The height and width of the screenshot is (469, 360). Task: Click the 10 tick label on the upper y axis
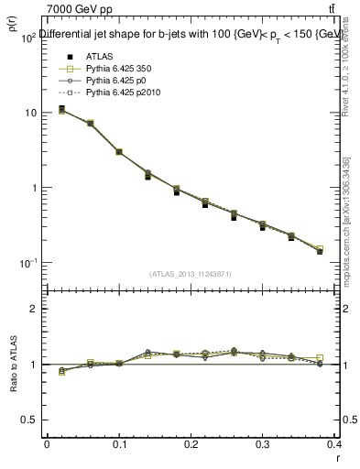pyautogui.click(x=30, y=113)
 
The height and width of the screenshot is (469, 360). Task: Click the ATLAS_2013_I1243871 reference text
pyautogui.click(x=191, y=274)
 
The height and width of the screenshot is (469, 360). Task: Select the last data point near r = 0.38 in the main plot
pyautogui.click(x=320, y=250)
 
